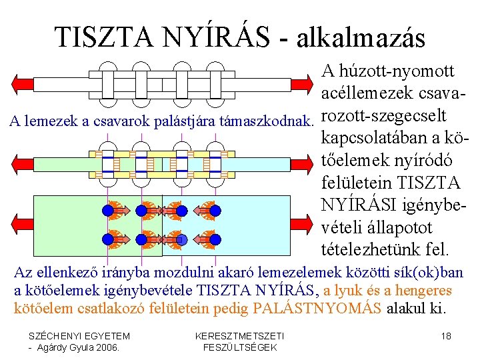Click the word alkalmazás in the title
click(x=356, y=38)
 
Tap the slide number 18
click(x=446, y=336)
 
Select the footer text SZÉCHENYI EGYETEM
click(x=80, y=336)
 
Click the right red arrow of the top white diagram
click(x=302, y=83)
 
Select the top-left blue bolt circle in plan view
click(x=108, y=211)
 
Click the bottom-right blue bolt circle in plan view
click(x=215, y=239)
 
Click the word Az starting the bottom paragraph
click(x=23, y=273)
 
